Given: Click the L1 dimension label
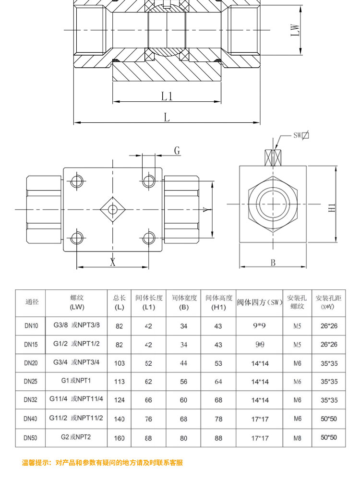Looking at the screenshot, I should coord(167,96).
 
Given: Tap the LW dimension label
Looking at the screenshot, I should coord(296,31).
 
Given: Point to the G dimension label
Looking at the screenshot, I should coord(177,151).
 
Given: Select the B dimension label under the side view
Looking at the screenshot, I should coord(273,263).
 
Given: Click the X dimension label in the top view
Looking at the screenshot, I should coord(113,262).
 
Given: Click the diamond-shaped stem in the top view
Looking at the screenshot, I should coord(113,209).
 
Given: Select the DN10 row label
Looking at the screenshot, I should coord(31,326).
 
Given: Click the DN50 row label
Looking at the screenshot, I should coord(31,438).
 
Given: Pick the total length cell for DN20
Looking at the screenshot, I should coord(120,363).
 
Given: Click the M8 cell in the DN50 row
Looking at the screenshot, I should coord(298,438).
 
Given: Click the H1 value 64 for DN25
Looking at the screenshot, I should coord(218,382).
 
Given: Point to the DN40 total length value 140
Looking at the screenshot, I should coord(120,419).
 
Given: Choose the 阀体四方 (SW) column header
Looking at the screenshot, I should coord(260,302).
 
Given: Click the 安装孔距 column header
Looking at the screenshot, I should coord(328,302).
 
